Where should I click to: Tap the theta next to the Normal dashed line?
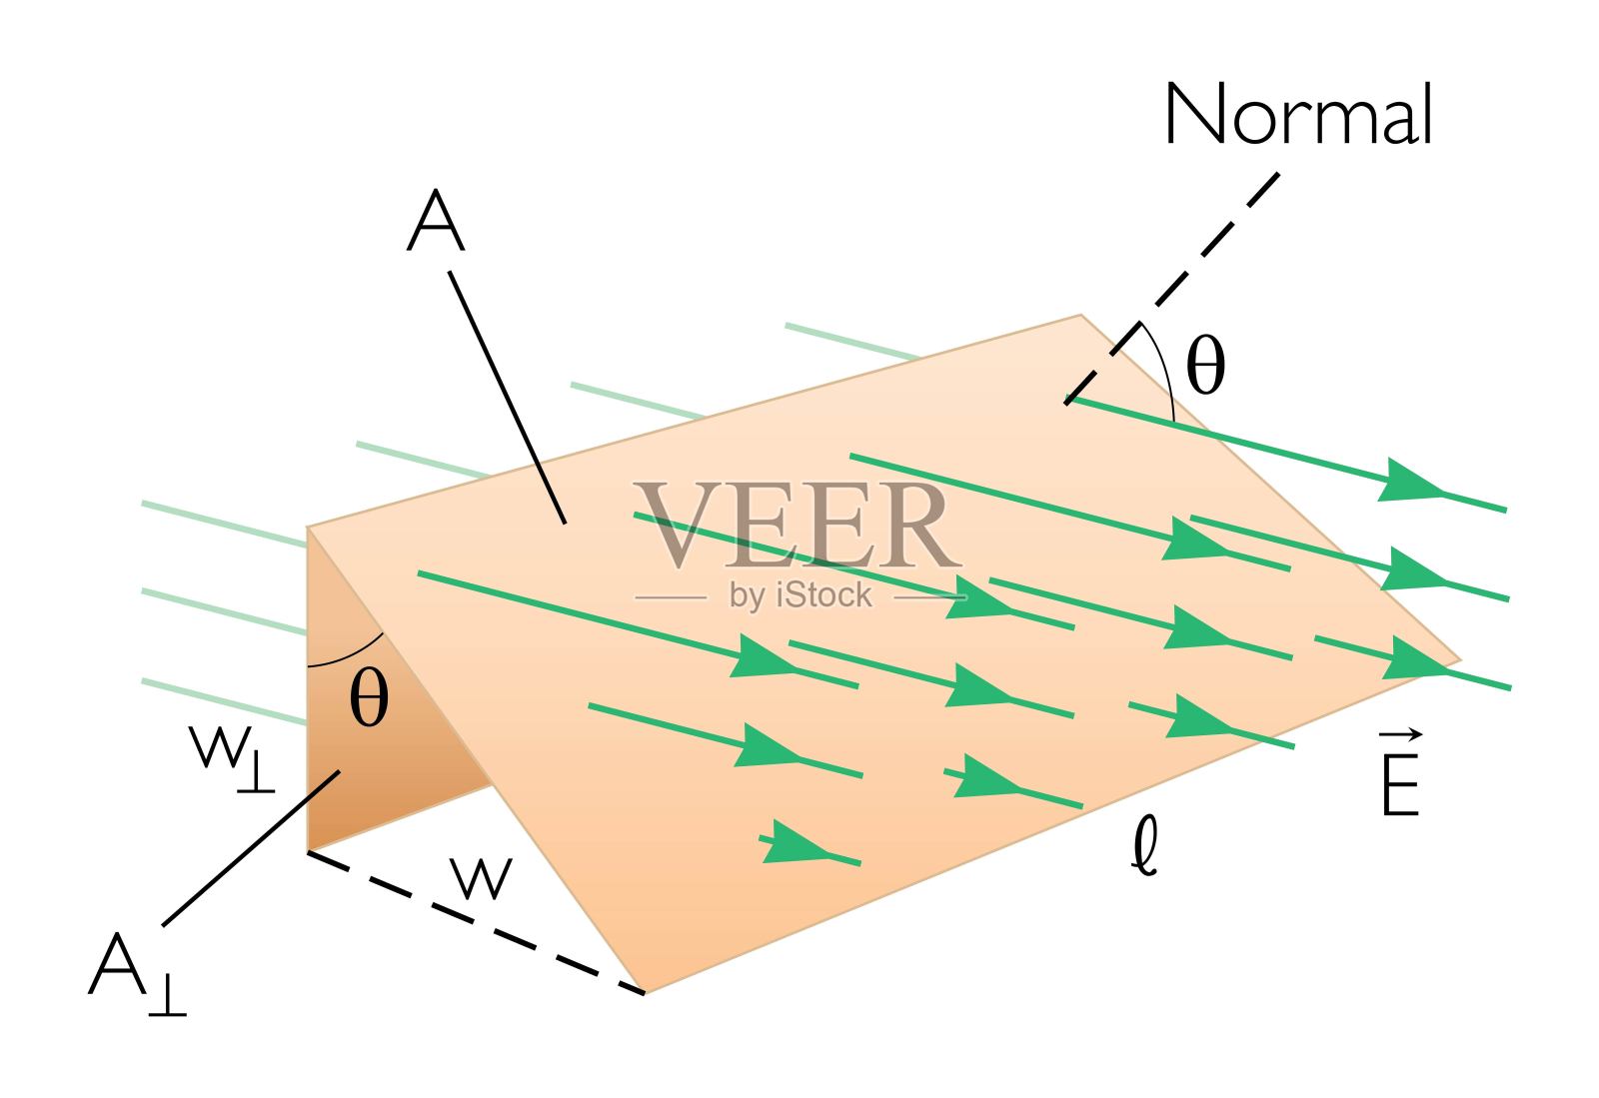[1205, 367]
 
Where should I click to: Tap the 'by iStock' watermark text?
[800, 596]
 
